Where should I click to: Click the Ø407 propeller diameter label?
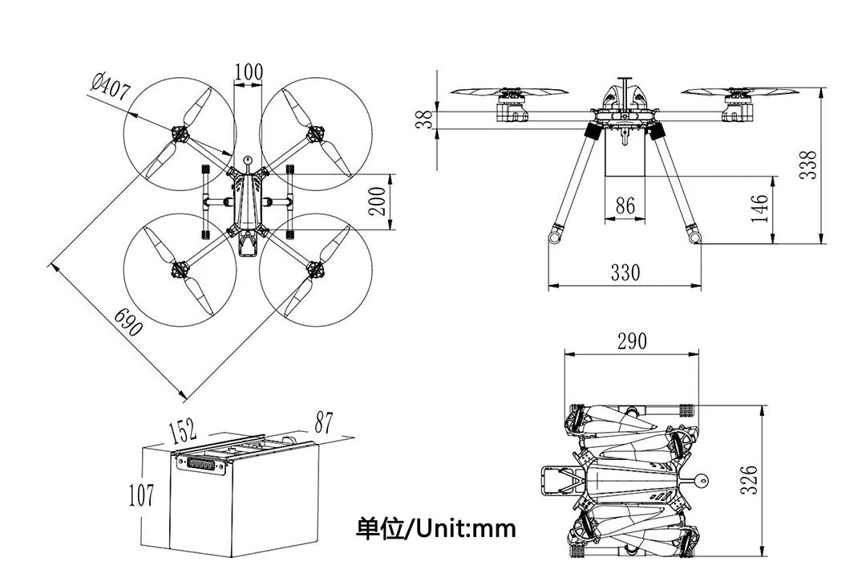[111, 86]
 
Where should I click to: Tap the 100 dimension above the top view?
[249, 71]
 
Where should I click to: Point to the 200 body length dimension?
[378, 200]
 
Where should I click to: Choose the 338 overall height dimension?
[809, 165]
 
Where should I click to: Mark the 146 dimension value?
[759, 207]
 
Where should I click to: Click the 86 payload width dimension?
[625, 206]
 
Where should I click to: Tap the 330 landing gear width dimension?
[625, 273]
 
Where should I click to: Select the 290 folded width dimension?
[632, 340]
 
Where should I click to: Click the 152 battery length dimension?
[183, 431]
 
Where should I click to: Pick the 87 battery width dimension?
[323, 422]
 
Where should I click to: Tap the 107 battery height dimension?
[142, 495]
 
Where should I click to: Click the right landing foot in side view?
[694, 236]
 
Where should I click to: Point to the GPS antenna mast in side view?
[625, 90]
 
